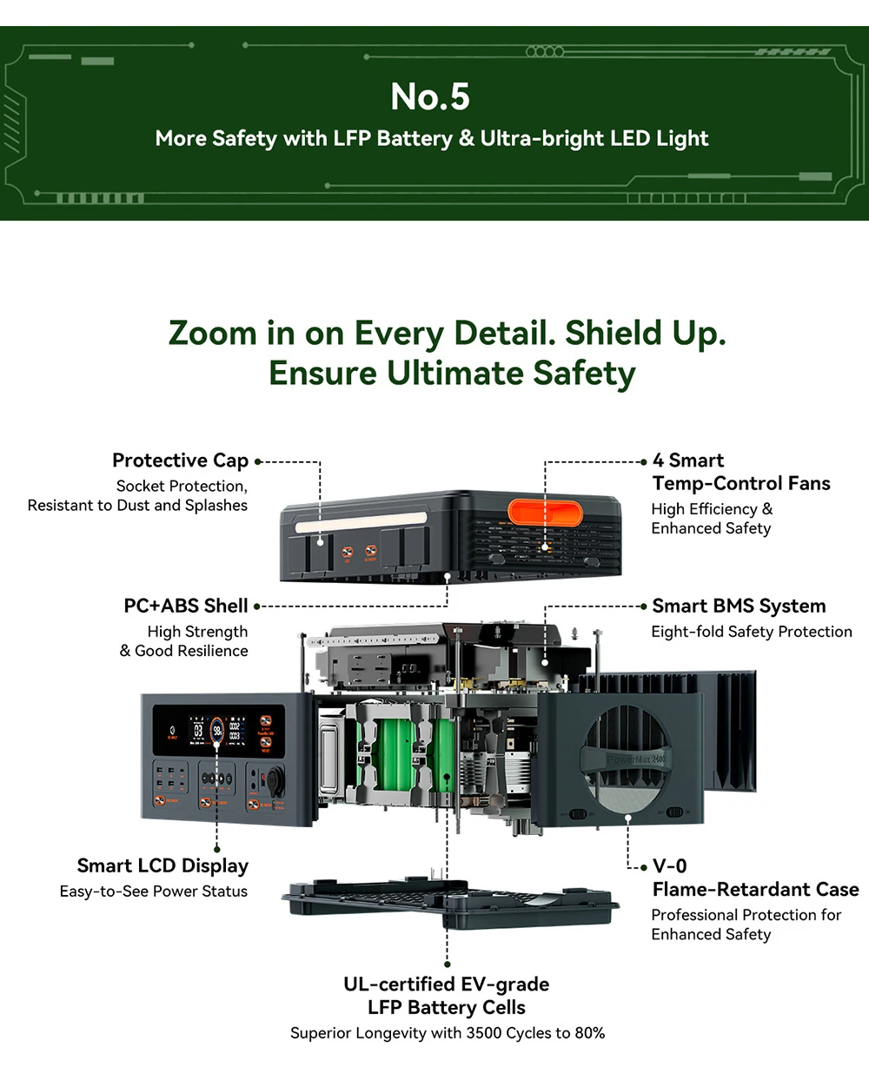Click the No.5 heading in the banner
click(x=430, y=96)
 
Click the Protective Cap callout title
click(x=180, y=461)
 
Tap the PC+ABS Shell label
click(x=186, y=606)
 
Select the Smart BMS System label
click(x=739, y=606)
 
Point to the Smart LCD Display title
click(x=163, y=865)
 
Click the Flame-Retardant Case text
click(x=755, y=889)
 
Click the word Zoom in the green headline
click(x=212, y=334)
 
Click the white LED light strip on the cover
click(x=361, y=526)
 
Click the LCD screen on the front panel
click(x=217, y=730)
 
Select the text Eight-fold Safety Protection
click(x=752, y=632)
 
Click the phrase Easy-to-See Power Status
click(x=154, y=891)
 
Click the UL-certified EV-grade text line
click(x=447, y=984)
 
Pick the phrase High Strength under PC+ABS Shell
click(x=197, y=632)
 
